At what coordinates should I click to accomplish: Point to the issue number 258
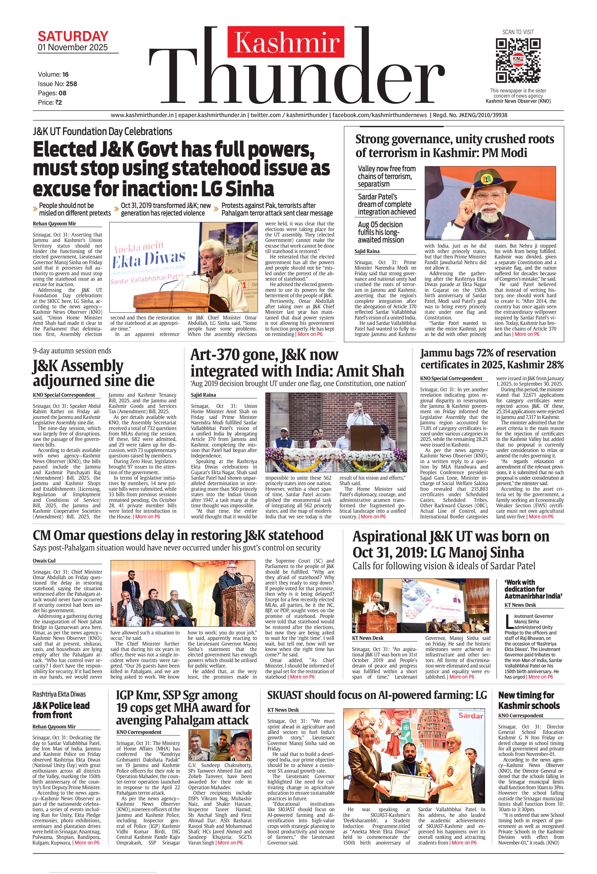coord(71,84)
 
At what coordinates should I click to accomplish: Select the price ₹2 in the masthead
coord(58,102)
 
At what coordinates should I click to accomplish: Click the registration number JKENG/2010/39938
coord(480,115)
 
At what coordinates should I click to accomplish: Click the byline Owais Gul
coord(44,561)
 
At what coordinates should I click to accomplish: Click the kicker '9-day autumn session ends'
coord(72,351)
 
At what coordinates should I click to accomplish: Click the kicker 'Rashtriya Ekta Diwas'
coord(59,694)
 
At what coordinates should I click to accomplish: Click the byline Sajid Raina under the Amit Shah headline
coord(203,395)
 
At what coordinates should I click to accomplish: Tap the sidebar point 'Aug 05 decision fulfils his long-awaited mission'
coord(381,232)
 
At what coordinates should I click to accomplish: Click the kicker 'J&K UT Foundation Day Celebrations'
coord(102,132)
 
